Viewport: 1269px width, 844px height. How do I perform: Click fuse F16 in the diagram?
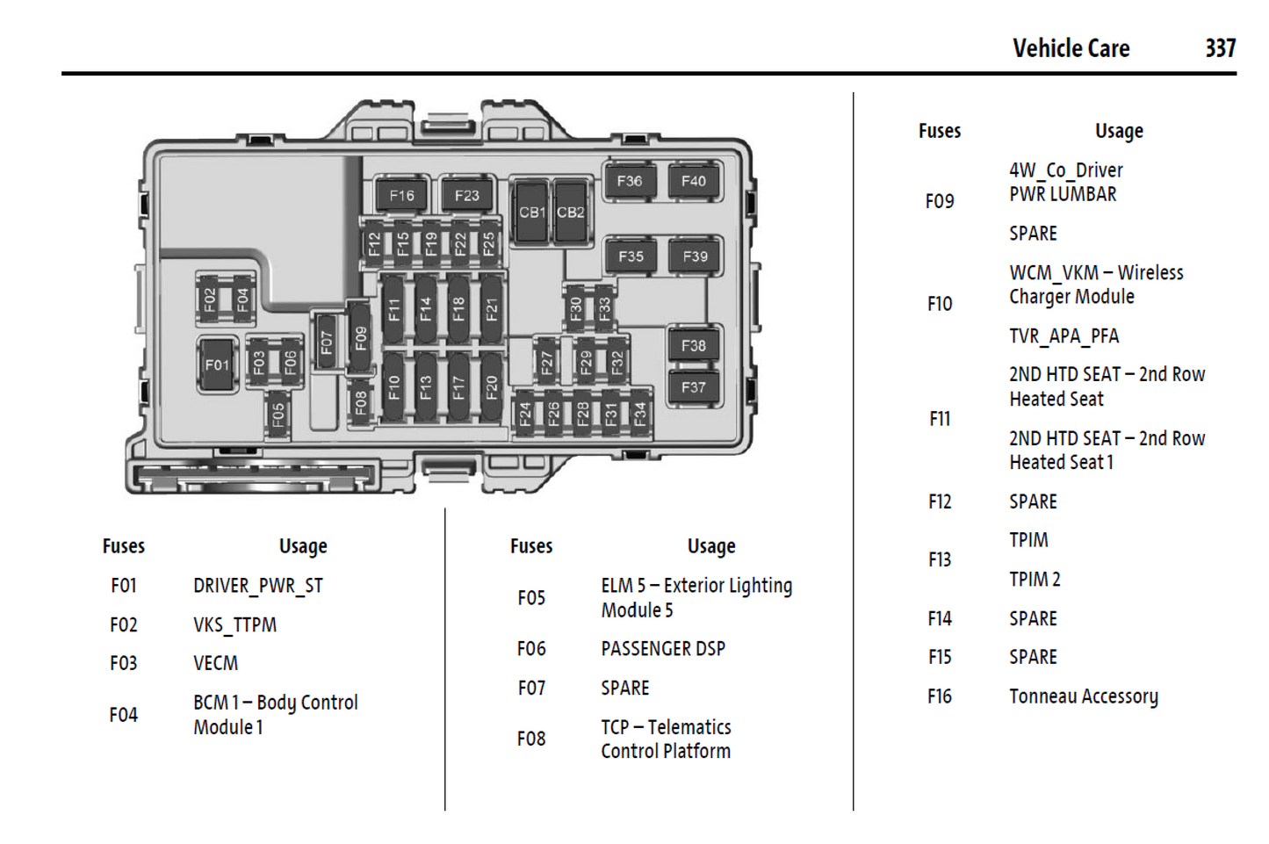click(x=401, y=196)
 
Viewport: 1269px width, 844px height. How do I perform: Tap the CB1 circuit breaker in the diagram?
click(x=531, y=212)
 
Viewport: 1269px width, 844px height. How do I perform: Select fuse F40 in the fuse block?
click(x=694, y=182)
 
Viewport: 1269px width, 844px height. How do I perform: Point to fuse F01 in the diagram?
click(x=217, y=364)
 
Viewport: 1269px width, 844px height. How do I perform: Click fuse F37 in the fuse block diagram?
click(x=694, y=387)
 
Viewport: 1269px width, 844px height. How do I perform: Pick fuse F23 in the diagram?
click(x=466, y=196)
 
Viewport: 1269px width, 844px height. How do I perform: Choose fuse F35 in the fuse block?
click(x=631, y=256)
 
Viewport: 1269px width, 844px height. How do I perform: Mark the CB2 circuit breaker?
click(x=570, y=212)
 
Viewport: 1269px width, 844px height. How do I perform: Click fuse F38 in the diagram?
click(x=694, y=346)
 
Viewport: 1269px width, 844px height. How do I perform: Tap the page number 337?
click(x=1220, y=48)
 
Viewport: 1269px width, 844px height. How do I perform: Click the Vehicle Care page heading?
click(x=1071, y=48)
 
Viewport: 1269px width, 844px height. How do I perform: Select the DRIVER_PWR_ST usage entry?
click(x=258, y=586)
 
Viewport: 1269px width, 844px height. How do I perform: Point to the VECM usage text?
click(x=215, y=663)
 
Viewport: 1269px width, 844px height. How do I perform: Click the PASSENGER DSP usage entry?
click(x=663, y=649)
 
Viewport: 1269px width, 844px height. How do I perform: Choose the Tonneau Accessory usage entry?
click(x=1083, y=696)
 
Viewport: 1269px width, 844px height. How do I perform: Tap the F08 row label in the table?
click(x=531, y=739)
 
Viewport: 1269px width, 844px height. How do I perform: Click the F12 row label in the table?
click(x=940, y=501)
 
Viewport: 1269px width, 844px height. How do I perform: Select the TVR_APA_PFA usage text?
click(x=1064, y=336)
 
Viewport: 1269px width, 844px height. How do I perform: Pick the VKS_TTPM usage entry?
click(x=234, y=624)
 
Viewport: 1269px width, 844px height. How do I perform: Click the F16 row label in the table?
click(x=940, y=696)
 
